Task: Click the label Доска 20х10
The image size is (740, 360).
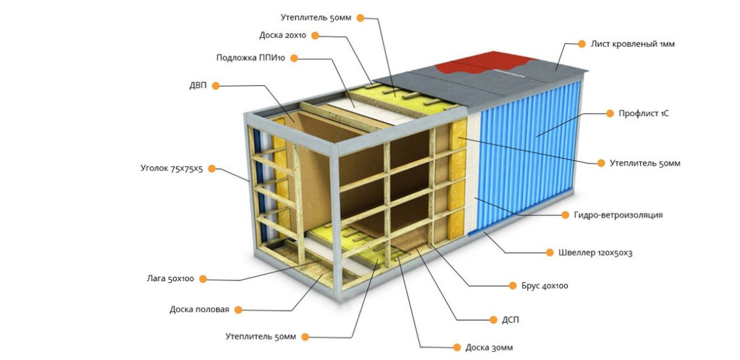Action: pyautogui.click(x=282, y=36)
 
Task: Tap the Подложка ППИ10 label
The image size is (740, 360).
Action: pyautogui.click(x=251, y=58)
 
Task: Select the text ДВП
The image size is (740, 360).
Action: pyautogui.click(x=198, y=86)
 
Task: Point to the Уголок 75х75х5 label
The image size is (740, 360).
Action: pyautogui.click(x=171, y=168)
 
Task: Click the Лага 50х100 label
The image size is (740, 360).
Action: pyautogui.click(x=170, y=279)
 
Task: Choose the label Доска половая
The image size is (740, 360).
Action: pyautogui.click(x=199, y=310)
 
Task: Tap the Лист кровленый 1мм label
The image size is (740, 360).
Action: pyautogui.click(x=633, y=44)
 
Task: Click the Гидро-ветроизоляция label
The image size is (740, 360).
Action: pyautogui.click(x=618, y=215)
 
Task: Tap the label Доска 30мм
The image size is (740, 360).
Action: pyautogui.click(x=489, y=348)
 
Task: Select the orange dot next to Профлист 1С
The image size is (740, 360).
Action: pyautogui.click(x=608, y=113)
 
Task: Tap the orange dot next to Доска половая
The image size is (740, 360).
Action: pyautogui.click(x=238, y=310)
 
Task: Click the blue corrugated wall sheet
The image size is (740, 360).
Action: pyautogui.click(x=526, y=158)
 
